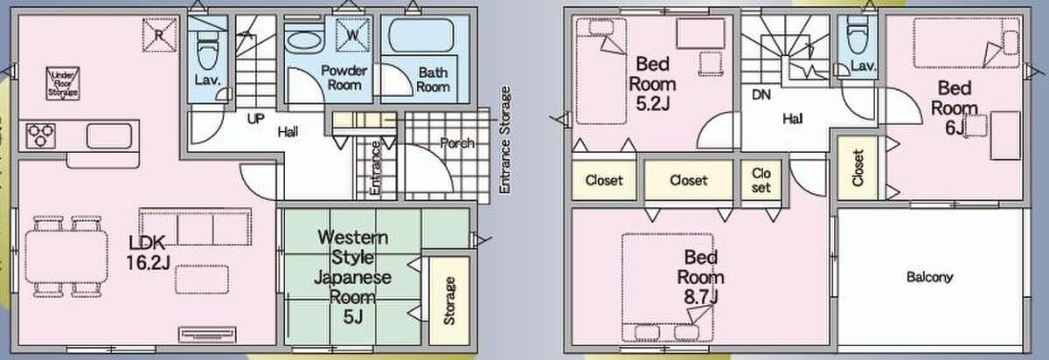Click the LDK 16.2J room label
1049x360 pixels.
click(148, 253)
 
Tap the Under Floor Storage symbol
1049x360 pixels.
click(63, 83)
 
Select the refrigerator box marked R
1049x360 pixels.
click(159, 35)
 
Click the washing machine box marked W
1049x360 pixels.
click(353, 35)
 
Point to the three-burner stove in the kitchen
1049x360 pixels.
click(41, 135)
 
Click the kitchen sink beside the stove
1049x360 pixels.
click(108, 135)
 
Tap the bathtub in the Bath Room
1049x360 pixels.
click(421, 35)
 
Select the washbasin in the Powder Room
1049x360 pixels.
click(304, 40)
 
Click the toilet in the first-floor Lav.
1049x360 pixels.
click(208, 49)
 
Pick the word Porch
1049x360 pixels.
click(457, 143)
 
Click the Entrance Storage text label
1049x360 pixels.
click(504, 140)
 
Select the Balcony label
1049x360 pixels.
click(929, 277)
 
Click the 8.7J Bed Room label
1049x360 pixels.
click(700, 277)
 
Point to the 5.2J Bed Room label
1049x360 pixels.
click(652, 84)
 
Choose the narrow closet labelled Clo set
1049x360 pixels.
click(761, 180)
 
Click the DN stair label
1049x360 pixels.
click(761, 95)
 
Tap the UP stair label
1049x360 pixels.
click(255, 119)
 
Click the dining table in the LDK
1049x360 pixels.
click(66, 258)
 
